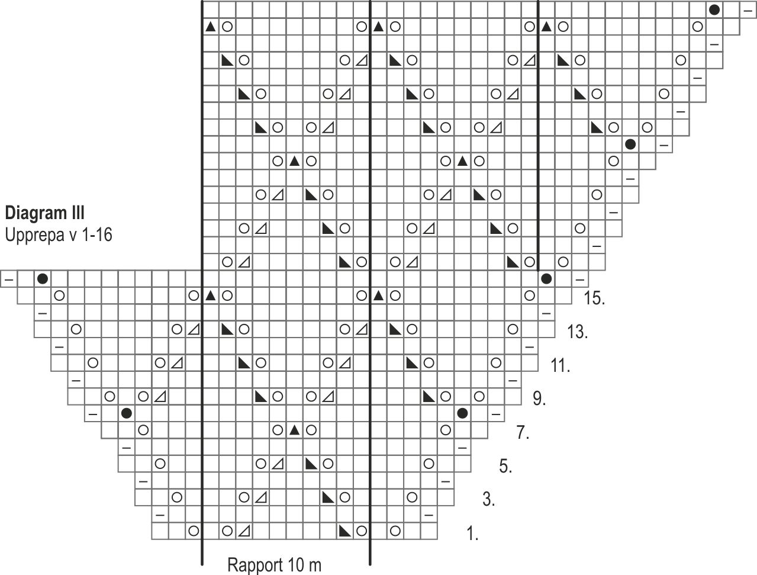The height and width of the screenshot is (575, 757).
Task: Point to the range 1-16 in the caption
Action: click(95, 235)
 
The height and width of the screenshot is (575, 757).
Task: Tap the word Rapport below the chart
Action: click(253, 565)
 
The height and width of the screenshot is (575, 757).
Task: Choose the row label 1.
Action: click(472, 535)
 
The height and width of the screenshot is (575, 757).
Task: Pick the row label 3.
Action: click(488, 500)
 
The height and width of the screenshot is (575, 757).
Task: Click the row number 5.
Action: click(505, 467)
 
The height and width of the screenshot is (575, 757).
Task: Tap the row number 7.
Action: click(522, 433)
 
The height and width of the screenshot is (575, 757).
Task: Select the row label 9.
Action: click(539, 399)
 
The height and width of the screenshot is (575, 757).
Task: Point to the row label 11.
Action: click(560, 365)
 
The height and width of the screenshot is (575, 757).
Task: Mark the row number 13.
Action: click(577, 332)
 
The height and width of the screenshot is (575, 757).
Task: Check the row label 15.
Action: click(594, 298)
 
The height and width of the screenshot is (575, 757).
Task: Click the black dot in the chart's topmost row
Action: click(715, 9)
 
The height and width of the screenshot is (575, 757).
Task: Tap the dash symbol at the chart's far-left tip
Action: click(8, 278)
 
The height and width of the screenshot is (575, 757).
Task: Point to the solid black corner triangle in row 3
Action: click(328, 497)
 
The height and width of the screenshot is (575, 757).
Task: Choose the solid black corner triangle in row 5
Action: click(311, 463)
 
